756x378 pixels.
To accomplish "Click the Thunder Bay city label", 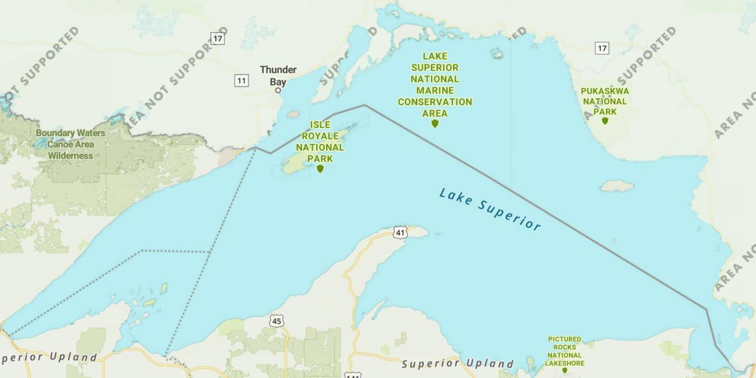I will pyautogui.click(x=278, y=76).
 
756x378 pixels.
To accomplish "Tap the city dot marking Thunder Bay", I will pyautogui.click(x=278, y=90).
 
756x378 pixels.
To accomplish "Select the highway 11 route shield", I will pyautogui.click(x=241, y=80).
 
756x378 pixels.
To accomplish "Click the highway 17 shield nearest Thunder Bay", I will pyautogui.click(x=217, y=38).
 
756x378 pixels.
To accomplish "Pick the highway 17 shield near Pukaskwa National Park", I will pyautogui.click(x=602, y=48).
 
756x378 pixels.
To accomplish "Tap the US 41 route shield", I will pyautogui.click(x=400, y=232).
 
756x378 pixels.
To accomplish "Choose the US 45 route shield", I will pyautogui.click(x=277, y=321).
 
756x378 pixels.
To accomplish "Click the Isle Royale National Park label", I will pyautogui.click(x=320, y=142).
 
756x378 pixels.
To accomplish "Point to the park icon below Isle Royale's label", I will pyautogui.click(x=320, y=168).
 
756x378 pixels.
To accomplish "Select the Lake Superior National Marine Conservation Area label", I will pyautogui.click(x=435, y=85).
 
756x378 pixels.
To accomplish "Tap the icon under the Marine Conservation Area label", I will pyautogui.click(x=435, y=123).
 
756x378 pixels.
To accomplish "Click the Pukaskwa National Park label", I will pyautogui.click(x=605, y=101).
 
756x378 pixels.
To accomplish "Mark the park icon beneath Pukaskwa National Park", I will pyautogui.click(x=605, y=120).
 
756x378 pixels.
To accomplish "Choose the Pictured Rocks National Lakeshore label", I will pyautogui.click(x=564, y=351).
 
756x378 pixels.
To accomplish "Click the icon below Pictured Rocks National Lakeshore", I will pyautogui.click(x=564, y=370).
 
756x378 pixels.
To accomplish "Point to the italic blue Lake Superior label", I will pyautogui.click(x=490, y=209).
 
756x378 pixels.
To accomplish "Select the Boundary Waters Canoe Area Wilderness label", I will pyautogui.click(x=71, y=144).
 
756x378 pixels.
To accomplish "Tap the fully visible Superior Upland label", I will pyautogui.click(x=458, y=363).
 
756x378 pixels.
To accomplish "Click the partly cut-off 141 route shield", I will pyautogui.click(x=353, y=375).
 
